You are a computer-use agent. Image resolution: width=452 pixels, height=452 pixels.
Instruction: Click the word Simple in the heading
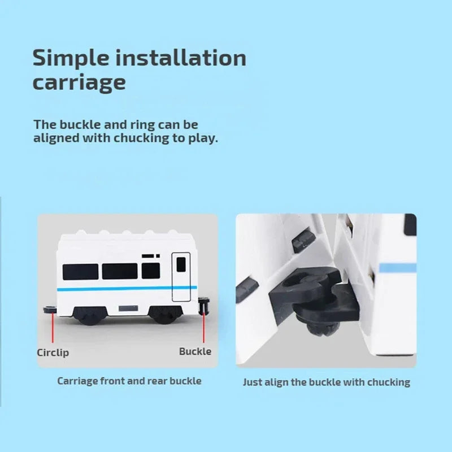pyautogui.click(x=71, y=59)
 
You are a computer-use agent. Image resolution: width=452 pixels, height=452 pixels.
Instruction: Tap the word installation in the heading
pyautogui.click(x=181, y=58)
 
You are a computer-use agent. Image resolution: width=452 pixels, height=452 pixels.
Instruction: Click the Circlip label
pyautogui.click(x=53, y=353)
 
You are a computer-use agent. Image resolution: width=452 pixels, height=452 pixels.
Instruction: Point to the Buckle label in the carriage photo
pyautogui.click(x=195, y=351)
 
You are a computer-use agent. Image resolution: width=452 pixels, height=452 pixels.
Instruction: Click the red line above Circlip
pyautogui.click(x=53, y=328)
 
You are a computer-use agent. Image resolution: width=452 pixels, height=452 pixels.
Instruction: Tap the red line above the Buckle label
pyautogui.click(x=204, y=327)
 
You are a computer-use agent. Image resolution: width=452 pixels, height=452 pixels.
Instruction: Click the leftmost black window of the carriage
pyautogui.click(x=80, y=272)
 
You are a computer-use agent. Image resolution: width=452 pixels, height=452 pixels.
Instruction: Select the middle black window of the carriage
pyautogui.click(x=120, y=271)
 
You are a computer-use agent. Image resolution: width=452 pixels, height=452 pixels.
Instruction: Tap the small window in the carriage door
pyautogui.click(x=181, y=264)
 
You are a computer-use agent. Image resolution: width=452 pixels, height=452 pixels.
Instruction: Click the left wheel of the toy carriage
pyautogui.click(x=90, y=316)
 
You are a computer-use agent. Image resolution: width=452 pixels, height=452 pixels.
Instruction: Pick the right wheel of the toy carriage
pyautogui.click(x=165, y=315)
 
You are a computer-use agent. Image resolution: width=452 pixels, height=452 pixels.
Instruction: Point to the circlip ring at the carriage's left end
pyautogui.click(x=50, y=310)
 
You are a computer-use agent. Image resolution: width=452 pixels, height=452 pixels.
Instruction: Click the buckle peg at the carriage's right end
pyautogui.click(x=204, y=306)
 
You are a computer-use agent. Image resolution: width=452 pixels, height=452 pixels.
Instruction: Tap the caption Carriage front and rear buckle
pyautogui.click(x=129, y=381)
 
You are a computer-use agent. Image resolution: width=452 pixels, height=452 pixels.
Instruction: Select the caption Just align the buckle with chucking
pyautogui.click(x=327, y=383)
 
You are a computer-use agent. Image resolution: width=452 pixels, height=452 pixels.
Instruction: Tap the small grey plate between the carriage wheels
pyautogui.click(x=128, y=308)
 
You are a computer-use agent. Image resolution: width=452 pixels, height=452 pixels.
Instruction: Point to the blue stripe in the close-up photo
pyautogui.click(x=398, y=268)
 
